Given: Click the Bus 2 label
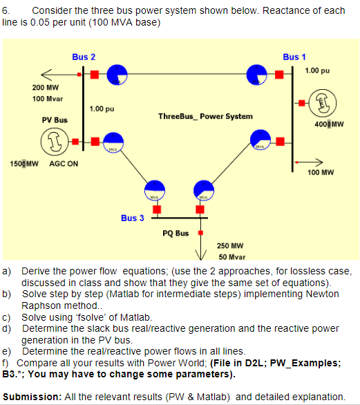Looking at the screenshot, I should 84,56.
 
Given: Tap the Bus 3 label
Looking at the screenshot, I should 132,218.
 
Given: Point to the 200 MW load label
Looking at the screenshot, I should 45,88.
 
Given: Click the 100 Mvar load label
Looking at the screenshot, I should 46,99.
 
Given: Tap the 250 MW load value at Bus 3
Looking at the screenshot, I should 229,245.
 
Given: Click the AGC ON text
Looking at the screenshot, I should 63,164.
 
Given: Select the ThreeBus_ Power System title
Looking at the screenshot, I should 205,116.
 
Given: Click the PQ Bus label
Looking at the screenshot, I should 176,233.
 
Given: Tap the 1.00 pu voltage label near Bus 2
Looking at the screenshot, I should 102,109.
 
